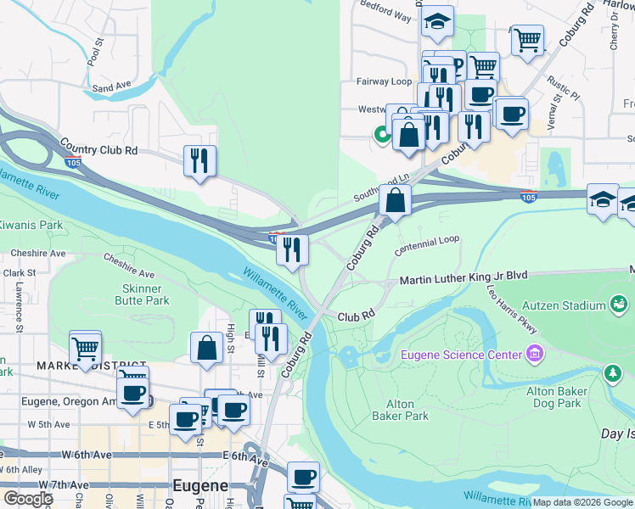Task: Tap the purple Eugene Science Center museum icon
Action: [534, 352]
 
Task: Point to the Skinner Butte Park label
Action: [141, 294]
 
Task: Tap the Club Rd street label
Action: [356, 316]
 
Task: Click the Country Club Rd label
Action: [106, 150]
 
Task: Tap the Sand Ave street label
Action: [111, 87]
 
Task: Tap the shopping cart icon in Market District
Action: [85, 347]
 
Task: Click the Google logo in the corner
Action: [27, 499]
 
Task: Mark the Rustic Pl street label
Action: [562, 85]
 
